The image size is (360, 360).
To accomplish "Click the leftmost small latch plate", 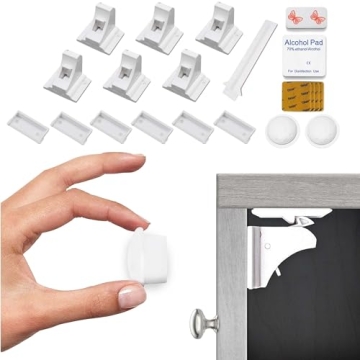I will point(29,124).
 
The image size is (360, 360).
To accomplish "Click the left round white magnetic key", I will point(282,127).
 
